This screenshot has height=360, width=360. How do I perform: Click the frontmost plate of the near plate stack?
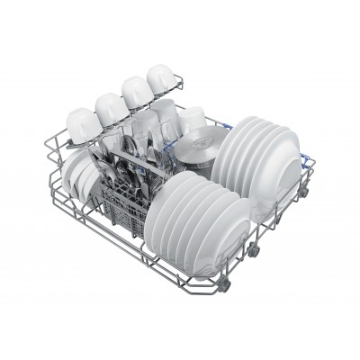click(x=196, y=236)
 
